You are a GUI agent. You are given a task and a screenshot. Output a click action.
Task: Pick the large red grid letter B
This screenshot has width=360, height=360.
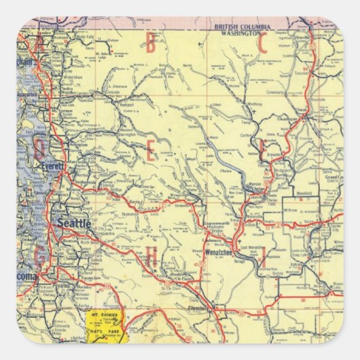click(150, 43)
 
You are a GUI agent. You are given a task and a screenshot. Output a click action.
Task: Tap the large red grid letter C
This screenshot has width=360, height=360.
click(262, 43)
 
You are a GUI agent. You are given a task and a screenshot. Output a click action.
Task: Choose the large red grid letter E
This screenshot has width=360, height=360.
click(150, 151)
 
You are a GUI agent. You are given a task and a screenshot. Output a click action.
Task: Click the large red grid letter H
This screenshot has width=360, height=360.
click(152, 257)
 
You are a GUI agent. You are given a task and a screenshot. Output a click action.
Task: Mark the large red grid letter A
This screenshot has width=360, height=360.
click(40, 43)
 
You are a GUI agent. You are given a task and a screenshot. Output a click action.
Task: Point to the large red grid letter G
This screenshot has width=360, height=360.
click(41, 256)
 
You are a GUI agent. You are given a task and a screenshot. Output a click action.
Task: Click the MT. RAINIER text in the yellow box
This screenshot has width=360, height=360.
click(101, 316)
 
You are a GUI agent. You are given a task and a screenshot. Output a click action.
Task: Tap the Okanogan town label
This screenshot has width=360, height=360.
click(303, 128)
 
